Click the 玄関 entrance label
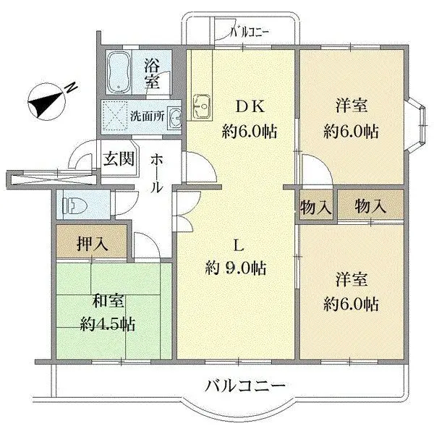117,158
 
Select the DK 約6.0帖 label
249,119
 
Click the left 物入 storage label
315,207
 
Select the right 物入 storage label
370,207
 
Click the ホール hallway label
157,174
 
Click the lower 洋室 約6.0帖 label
351,291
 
